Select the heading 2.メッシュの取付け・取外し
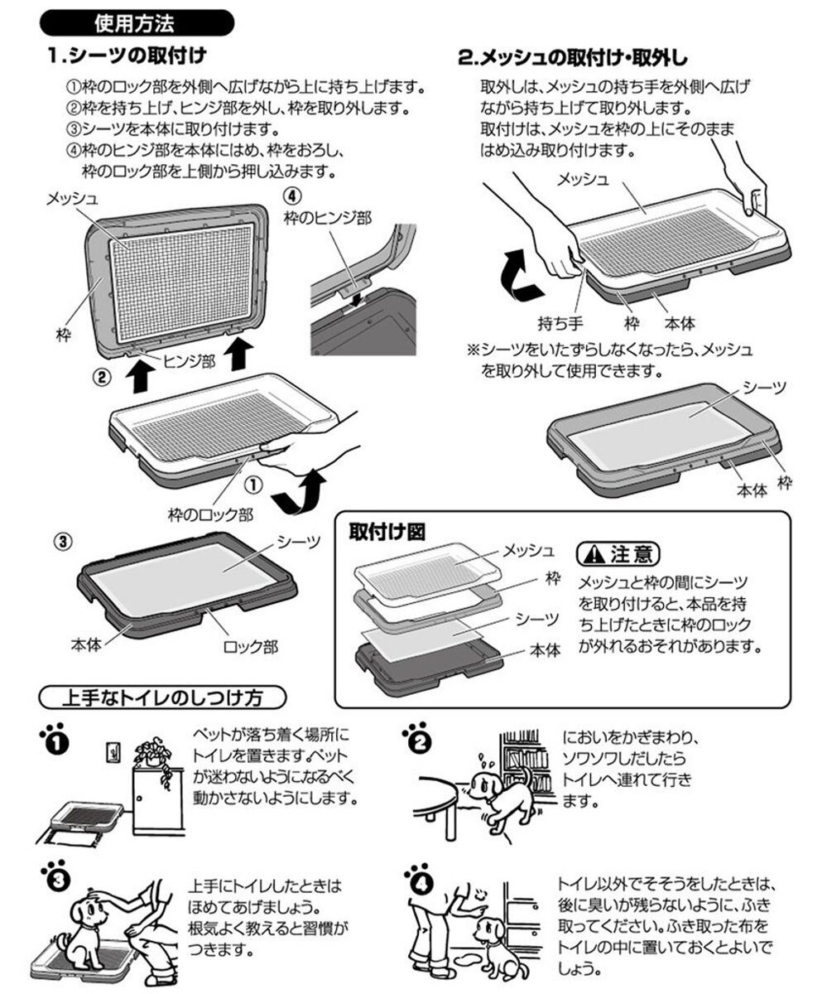pos(571,59)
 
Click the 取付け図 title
pos(387,532)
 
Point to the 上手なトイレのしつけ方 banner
pos(163,697)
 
